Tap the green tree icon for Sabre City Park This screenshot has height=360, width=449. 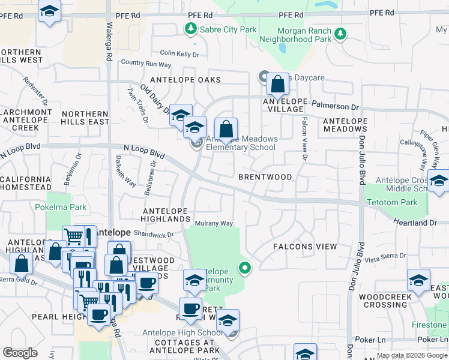(190, 28)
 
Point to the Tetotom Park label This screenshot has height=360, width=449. (393, 203)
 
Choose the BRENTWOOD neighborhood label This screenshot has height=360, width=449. (265, 178)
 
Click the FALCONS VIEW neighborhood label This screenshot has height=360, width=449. (305, 247)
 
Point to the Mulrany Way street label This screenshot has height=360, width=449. (214, 224)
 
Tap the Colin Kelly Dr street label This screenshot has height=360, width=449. (179, 54)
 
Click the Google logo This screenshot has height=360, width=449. (20, 353)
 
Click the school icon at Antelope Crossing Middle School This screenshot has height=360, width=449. (439, 181)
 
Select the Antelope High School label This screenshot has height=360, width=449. (182, 333)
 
